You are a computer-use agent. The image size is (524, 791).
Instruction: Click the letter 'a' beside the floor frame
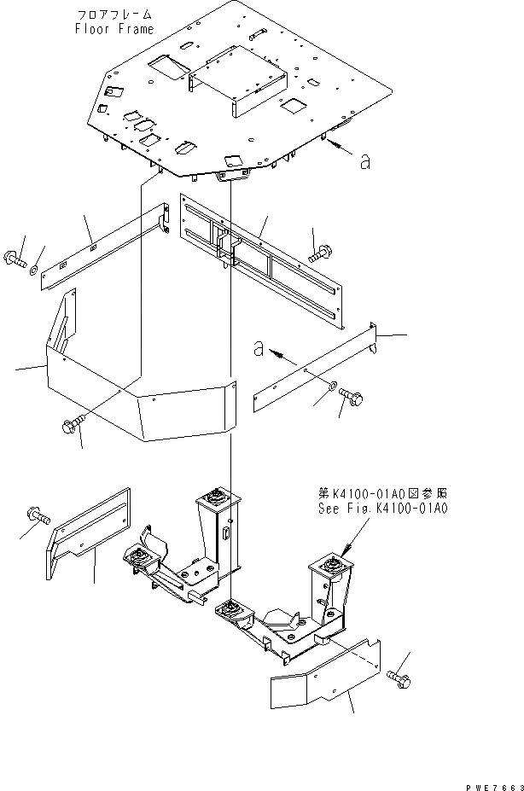pos(364,160)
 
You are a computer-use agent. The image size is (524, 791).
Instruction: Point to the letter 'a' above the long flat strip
pos(257,347)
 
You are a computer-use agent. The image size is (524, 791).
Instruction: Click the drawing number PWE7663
pos(491,780)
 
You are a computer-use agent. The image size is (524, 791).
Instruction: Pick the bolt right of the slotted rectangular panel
pos(321,253)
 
